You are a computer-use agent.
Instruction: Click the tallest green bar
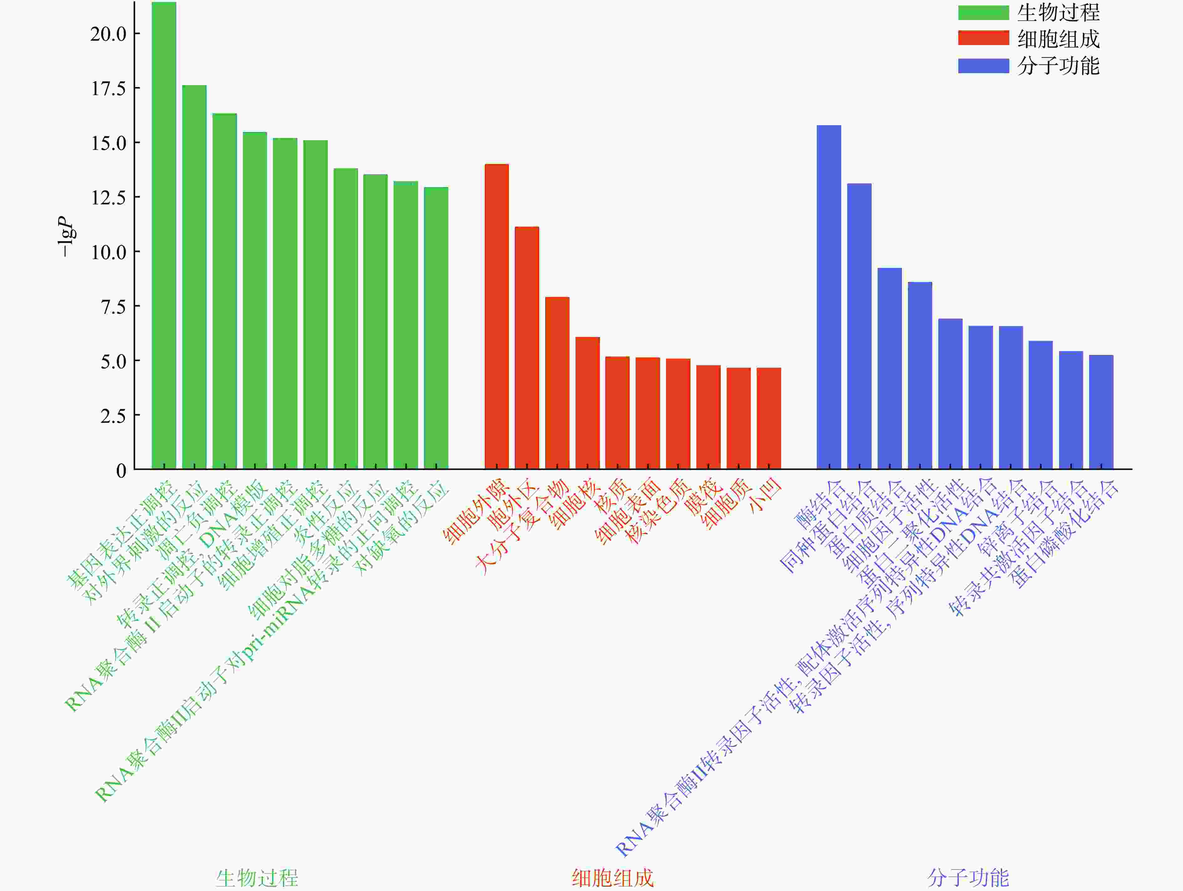coord(164,235)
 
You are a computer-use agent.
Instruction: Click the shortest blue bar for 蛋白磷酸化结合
coord(1101,412)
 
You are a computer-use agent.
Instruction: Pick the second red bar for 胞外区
coord(527,348)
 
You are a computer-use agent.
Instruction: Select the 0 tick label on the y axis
coord(121,470)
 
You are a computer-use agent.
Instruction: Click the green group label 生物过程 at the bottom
coord(257,878)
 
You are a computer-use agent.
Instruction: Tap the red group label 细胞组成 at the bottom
coord(612,878)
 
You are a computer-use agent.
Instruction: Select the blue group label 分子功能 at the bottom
coord(968,878)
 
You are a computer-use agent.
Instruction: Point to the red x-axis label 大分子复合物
coord(521,527)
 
